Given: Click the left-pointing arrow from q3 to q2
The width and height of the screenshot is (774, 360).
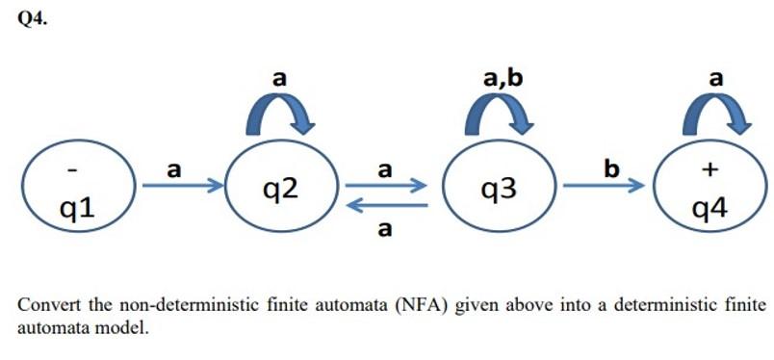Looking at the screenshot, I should [x=386, y=205].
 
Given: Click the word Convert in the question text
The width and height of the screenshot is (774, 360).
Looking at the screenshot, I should [x=44, y=305].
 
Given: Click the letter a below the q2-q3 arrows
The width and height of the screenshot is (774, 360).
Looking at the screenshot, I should [x=385, y=230].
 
